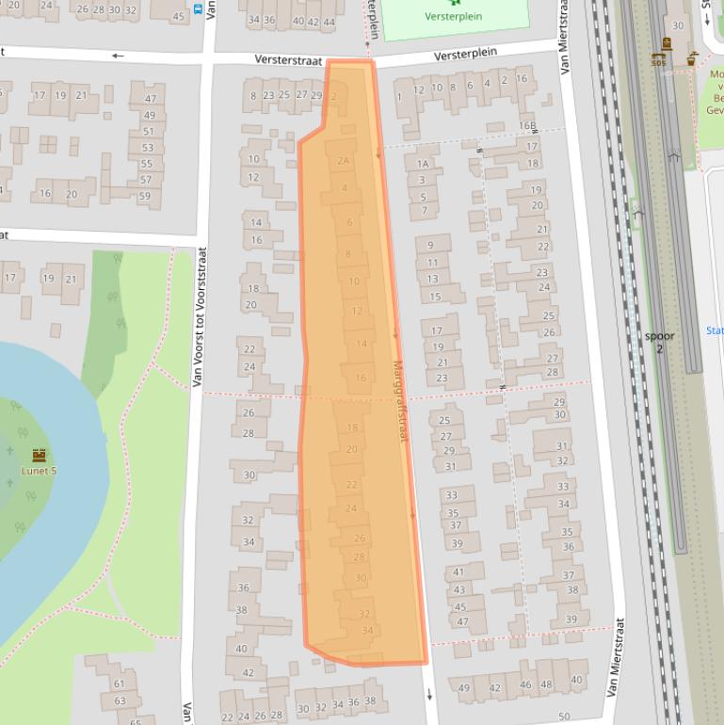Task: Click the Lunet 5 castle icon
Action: [39, 455]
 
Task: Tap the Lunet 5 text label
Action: [39, 471]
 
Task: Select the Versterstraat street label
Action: [288, 59]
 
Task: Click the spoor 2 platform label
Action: [659, 342]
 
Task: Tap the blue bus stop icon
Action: [198, 8]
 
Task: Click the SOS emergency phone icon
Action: [658, 59]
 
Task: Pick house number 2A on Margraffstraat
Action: [344, 161]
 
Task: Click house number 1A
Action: [423, 164]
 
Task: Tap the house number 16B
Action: [527, 125]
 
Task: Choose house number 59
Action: [144, 196]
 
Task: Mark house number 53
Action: [147, 148]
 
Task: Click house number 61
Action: [120, 684]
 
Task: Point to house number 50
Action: [564, 717]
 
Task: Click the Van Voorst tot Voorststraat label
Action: [199, 317]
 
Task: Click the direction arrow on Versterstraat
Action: [118, 56]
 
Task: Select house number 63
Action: [120, 701]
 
